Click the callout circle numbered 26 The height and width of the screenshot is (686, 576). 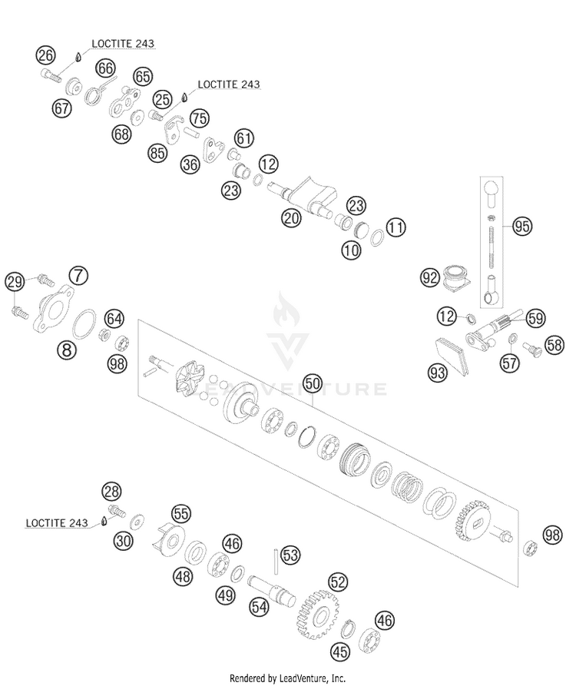click(45, 55)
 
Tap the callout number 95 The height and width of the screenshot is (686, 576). click(521, 226)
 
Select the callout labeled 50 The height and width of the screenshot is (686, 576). click(313, 383)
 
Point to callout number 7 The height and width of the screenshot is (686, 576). click(78, 276)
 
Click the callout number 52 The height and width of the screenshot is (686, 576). click(338, 582)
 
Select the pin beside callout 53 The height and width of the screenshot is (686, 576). click(276, 562)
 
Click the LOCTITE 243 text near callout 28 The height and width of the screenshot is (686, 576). click(57, 523)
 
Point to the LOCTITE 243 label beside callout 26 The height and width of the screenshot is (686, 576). click(123, 43)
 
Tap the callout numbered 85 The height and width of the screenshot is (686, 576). click(158, 153)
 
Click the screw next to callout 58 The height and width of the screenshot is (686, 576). click(532, 349)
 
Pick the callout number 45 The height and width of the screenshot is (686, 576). click(340, 651)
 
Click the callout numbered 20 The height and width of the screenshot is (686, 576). click(292, 217)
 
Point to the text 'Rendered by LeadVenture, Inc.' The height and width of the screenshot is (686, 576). click(287, 678)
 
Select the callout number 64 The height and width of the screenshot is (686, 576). click(114, 318)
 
